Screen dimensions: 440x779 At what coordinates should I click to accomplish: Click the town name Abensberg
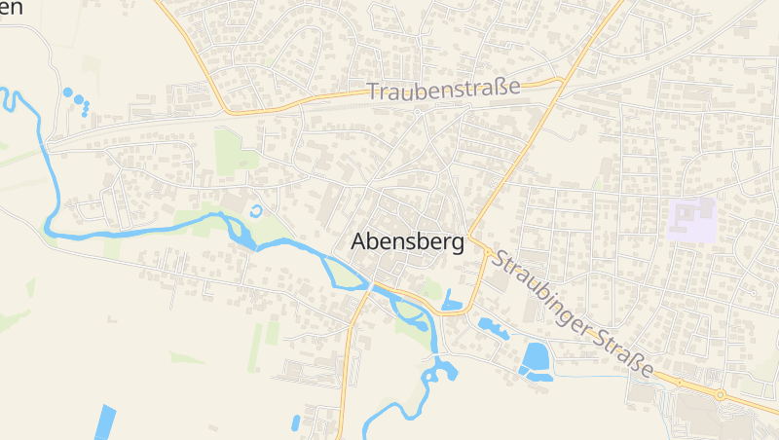coord(407,241)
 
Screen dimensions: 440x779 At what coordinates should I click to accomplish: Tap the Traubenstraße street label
coord(443,89)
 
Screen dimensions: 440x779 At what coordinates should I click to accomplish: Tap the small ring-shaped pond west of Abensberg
coord(256,209)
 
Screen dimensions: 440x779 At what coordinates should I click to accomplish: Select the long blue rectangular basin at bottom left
coord(104,422)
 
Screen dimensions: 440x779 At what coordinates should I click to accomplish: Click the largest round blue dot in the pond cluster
coord(67,92)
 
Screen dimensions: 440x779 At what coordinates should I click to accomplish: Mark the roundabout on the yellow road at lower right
coord(721,394)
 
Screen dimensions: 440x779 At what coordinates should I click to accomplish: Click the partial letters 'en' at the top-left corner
coord(11,7)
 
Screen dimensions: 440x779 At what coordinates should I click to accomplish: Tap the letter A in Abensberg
coord(358,240)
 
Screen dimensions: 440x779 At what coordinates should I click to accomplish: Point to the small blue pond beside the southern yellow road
coord(295,422)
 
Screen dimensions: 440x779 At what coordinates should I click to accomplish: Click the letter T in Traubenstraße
coord(373,92)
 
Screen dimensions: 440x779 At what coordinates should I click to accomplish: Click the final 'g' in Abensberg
coord(456,244)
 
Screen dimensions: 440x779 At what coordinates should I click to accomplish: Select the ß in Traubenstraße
coord(502,87)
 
